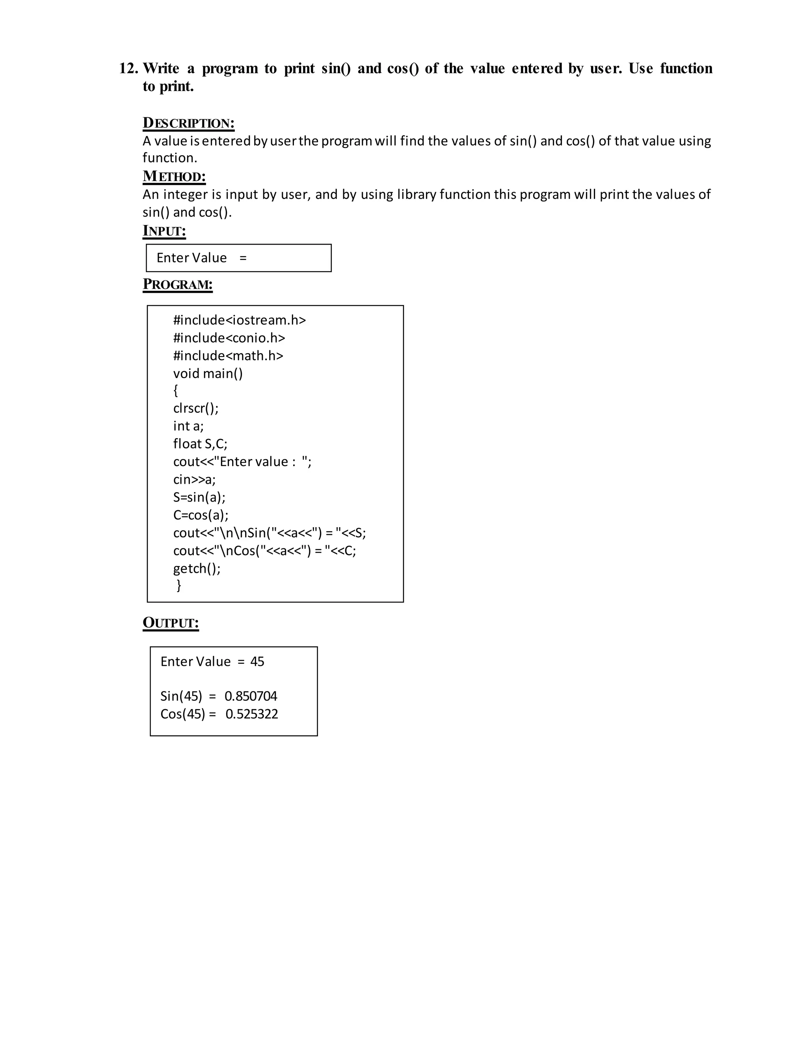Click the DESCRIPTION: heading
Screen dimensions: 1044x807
pos(188,123)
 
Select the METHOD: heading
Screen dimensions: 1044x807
pos(174,176)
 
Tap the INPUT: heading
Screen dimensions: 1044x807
pos(164,231)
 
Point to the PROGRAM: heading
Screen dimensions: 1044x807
pos(177,284)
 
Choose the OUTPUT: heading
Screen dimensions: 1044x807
pos(171,623)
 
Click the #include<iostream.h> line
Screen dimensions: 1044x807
pos(239,320)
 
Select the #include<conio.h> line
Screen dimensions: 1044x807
pos(229,338)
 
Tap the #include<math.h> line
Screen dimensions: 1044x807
pos(228,356)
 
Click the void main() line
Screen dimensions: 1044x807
pos(208,373)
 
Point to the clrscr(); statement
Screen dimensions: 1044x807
pos(195,408)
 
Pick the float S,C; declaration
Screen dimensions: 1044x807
pos(200,444)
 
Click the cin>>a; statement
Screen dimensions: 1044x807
pos(194,479)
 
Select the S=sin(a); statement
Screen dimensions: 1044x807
pos(199,497)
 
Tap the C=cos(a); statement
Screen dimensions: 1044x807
pos(201,515)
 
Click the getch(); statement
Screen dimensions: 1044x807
pos(197,568)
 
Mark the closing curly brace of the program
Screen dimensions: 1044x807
pos(179,585)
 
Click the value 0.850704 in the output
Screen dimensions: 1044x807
pos(251,696)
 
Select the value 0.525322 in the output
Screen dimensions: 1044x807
pos(252,714)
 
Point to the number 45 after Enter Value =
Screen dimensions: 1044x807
pos(257,661)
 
